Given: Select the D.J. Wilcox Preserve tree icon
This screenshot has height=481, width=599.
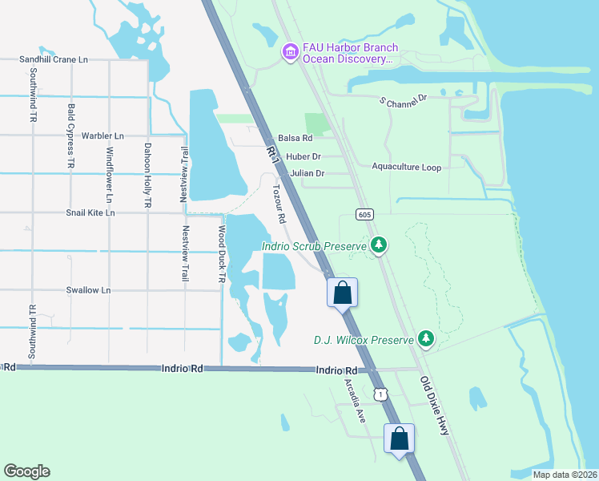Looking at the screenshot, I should pyautogui.click(x=426, y=340).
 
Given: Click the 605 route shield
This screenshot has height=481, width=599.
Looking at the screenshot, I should pyautogui.click(x=365, y=214).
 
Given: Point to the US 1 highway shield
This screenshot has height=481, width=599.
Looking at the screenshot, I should pyautogui.click(x=381, y=393).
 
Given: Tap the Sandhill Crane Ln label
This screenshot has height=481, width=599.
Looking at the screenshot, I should pyautogui.click(x=54, y=60).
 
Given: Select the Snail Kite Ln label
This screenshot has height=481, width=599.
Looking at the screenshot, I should pyautogui.click(x=90, y=213).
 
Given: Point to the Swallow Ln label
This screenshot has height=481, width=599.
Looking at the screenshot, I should pyautogui.click(x=88, y=290).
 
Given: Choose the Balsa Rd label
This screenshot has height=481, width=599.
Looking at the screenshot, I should pyautogui.click(x=295, y=139).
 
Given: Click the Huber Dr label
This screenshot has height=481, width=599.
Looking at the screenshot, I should pyautogui.click(x=304, y=156).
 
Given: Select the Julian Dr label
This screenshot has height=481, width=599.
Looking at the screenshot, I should pyautogui.click(x=308, y=173).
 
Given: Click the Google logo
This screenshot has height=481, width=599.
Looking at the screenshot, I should pyautogui.click(x=26, y=471).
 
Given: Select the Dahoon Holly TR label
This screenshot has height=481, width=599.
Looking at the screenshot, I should pyautogui.click(x=147, y=175).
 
